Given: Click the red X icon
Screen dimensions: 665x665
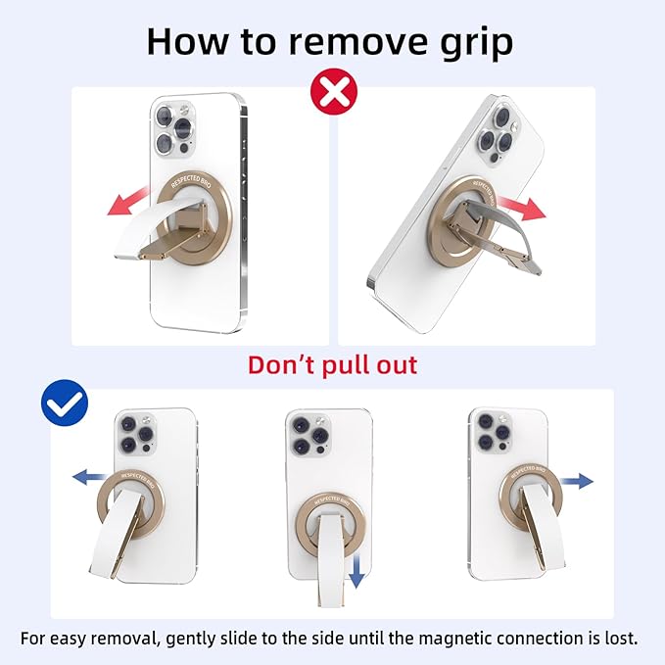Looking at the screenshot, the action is (x=334, y=92).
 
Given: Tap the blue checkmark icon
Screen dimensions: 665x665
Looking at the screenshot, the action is (x=65, y=403).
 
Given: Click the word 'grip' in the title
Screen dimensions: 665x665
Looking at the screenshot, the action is (x=477, y=42).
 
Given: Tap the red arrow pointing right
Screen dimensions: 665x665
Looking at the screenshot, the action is (x=522, y=208).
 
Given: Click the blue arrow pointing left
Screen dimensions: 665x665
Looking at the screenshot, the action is (x=90, y=477).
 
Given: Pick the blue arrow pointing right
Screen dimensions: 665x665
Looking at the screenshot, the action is (x=577, y=481).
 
